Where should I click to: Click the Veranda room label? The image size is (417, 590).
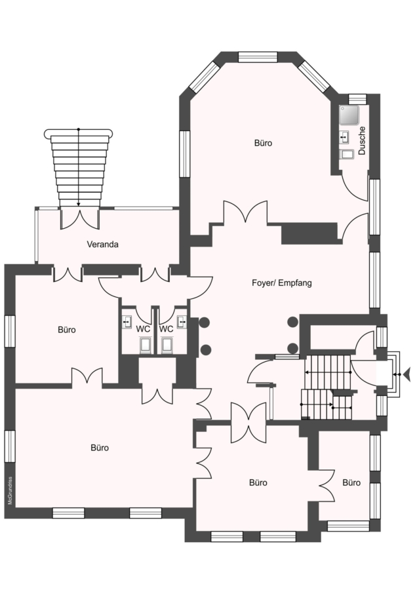click(x=103, y=245)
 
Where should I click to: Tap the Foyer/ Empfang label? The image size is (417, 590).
click(x=281, y=284)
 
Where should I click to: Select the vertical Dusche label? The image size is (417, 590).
click(x=362, y=140)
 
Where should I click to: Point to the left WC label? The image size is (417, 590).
click(x=144, y=328)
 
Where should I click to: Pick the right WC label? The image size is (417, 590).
click(x=167, y=328)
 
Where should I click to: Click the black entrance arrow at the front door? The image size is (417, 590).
click(x=407, y=374)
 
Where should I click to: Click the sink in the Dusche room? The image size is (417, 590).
click(x=344, y=138)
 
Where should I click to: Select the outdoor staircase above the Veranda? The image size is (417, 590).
click(x=78, y=167)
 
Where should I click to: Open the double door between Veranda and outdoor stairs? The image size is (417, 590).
click(x=79, y=218)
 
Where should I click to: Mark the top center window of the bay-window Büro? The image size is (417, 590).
click(x=258, y=57)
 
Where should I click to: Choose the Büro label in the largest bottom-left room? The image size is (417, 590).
click(x=100, y=448)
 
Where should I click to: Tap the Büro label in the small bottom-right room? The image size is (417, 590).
click(x=351, y=482)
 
